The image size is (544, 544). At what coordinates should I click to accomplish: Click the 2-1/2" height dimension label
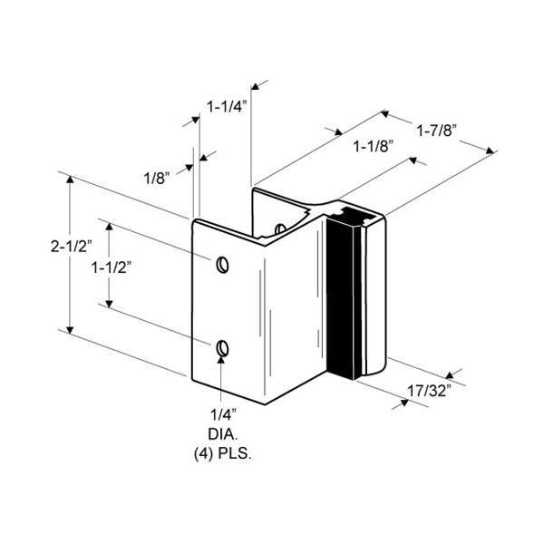(x=71, y=246)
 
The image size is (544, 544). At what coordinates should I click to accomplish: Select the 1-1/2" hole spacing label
(x=112, y=267)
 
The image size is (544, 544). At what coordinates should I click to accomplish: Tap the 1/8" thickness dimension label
(x=157, y=179)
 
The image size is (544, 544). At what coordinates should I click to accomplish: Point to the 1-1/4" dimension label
(x=227, y=106)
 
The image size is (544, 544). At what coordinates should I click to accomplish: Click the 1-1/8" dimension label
(x=374, y=146)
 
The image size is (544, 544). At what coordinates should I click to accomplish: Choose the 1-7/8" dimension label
(x=436, y=131)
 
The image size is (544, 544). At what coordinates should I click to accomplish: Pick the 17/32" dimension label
(x=429, y=391)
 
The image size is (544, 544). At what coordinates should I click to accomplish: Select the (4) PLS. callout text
(x=223, y=454)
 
